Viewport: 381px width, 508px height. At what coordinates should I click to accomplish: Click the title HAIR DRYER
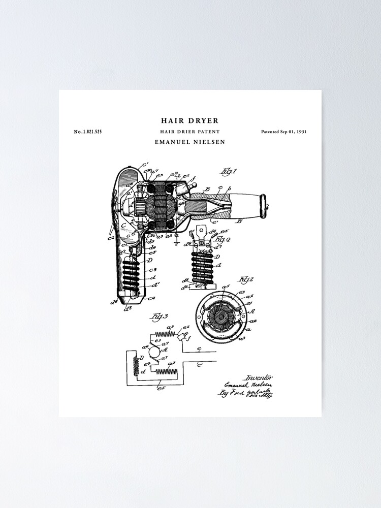pyautogui.click(x=189, y=121)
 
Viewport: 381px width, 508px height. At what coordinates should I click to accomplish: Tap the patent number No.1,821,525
pyautogui.click(x=88, y=132)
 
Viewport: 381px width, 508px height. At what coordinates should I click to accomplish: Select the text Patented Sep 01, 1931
pyautogui.click(x=283, y=132)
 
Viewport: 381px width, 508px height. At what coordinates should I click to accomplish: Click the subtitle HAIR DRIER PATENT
pyautogui.click(x=189, y=132)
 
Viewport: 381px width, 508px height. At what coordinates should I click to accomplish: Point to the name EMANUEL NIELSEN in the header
pyautogui.click(x=189, y=142)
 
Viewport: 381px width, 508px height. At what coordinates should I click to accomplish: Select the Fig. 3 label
pyautogui.click(x=156, y=317)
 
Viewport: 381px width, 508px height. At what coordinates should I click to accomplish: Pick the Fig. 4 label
pyautogui.click(x=221, y=238)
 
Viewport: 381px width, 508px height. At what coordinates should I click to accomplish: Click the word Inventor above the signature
pyautogui.click(x=259, y=377)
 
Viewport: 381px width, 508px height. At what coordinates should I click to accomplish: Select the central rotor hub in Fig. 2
pyautogui.click(x=222, y=316)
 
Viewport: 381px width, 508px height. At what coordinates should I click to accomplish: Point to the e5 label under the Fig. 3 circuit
pyautogui.click(x=162, y=388)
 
